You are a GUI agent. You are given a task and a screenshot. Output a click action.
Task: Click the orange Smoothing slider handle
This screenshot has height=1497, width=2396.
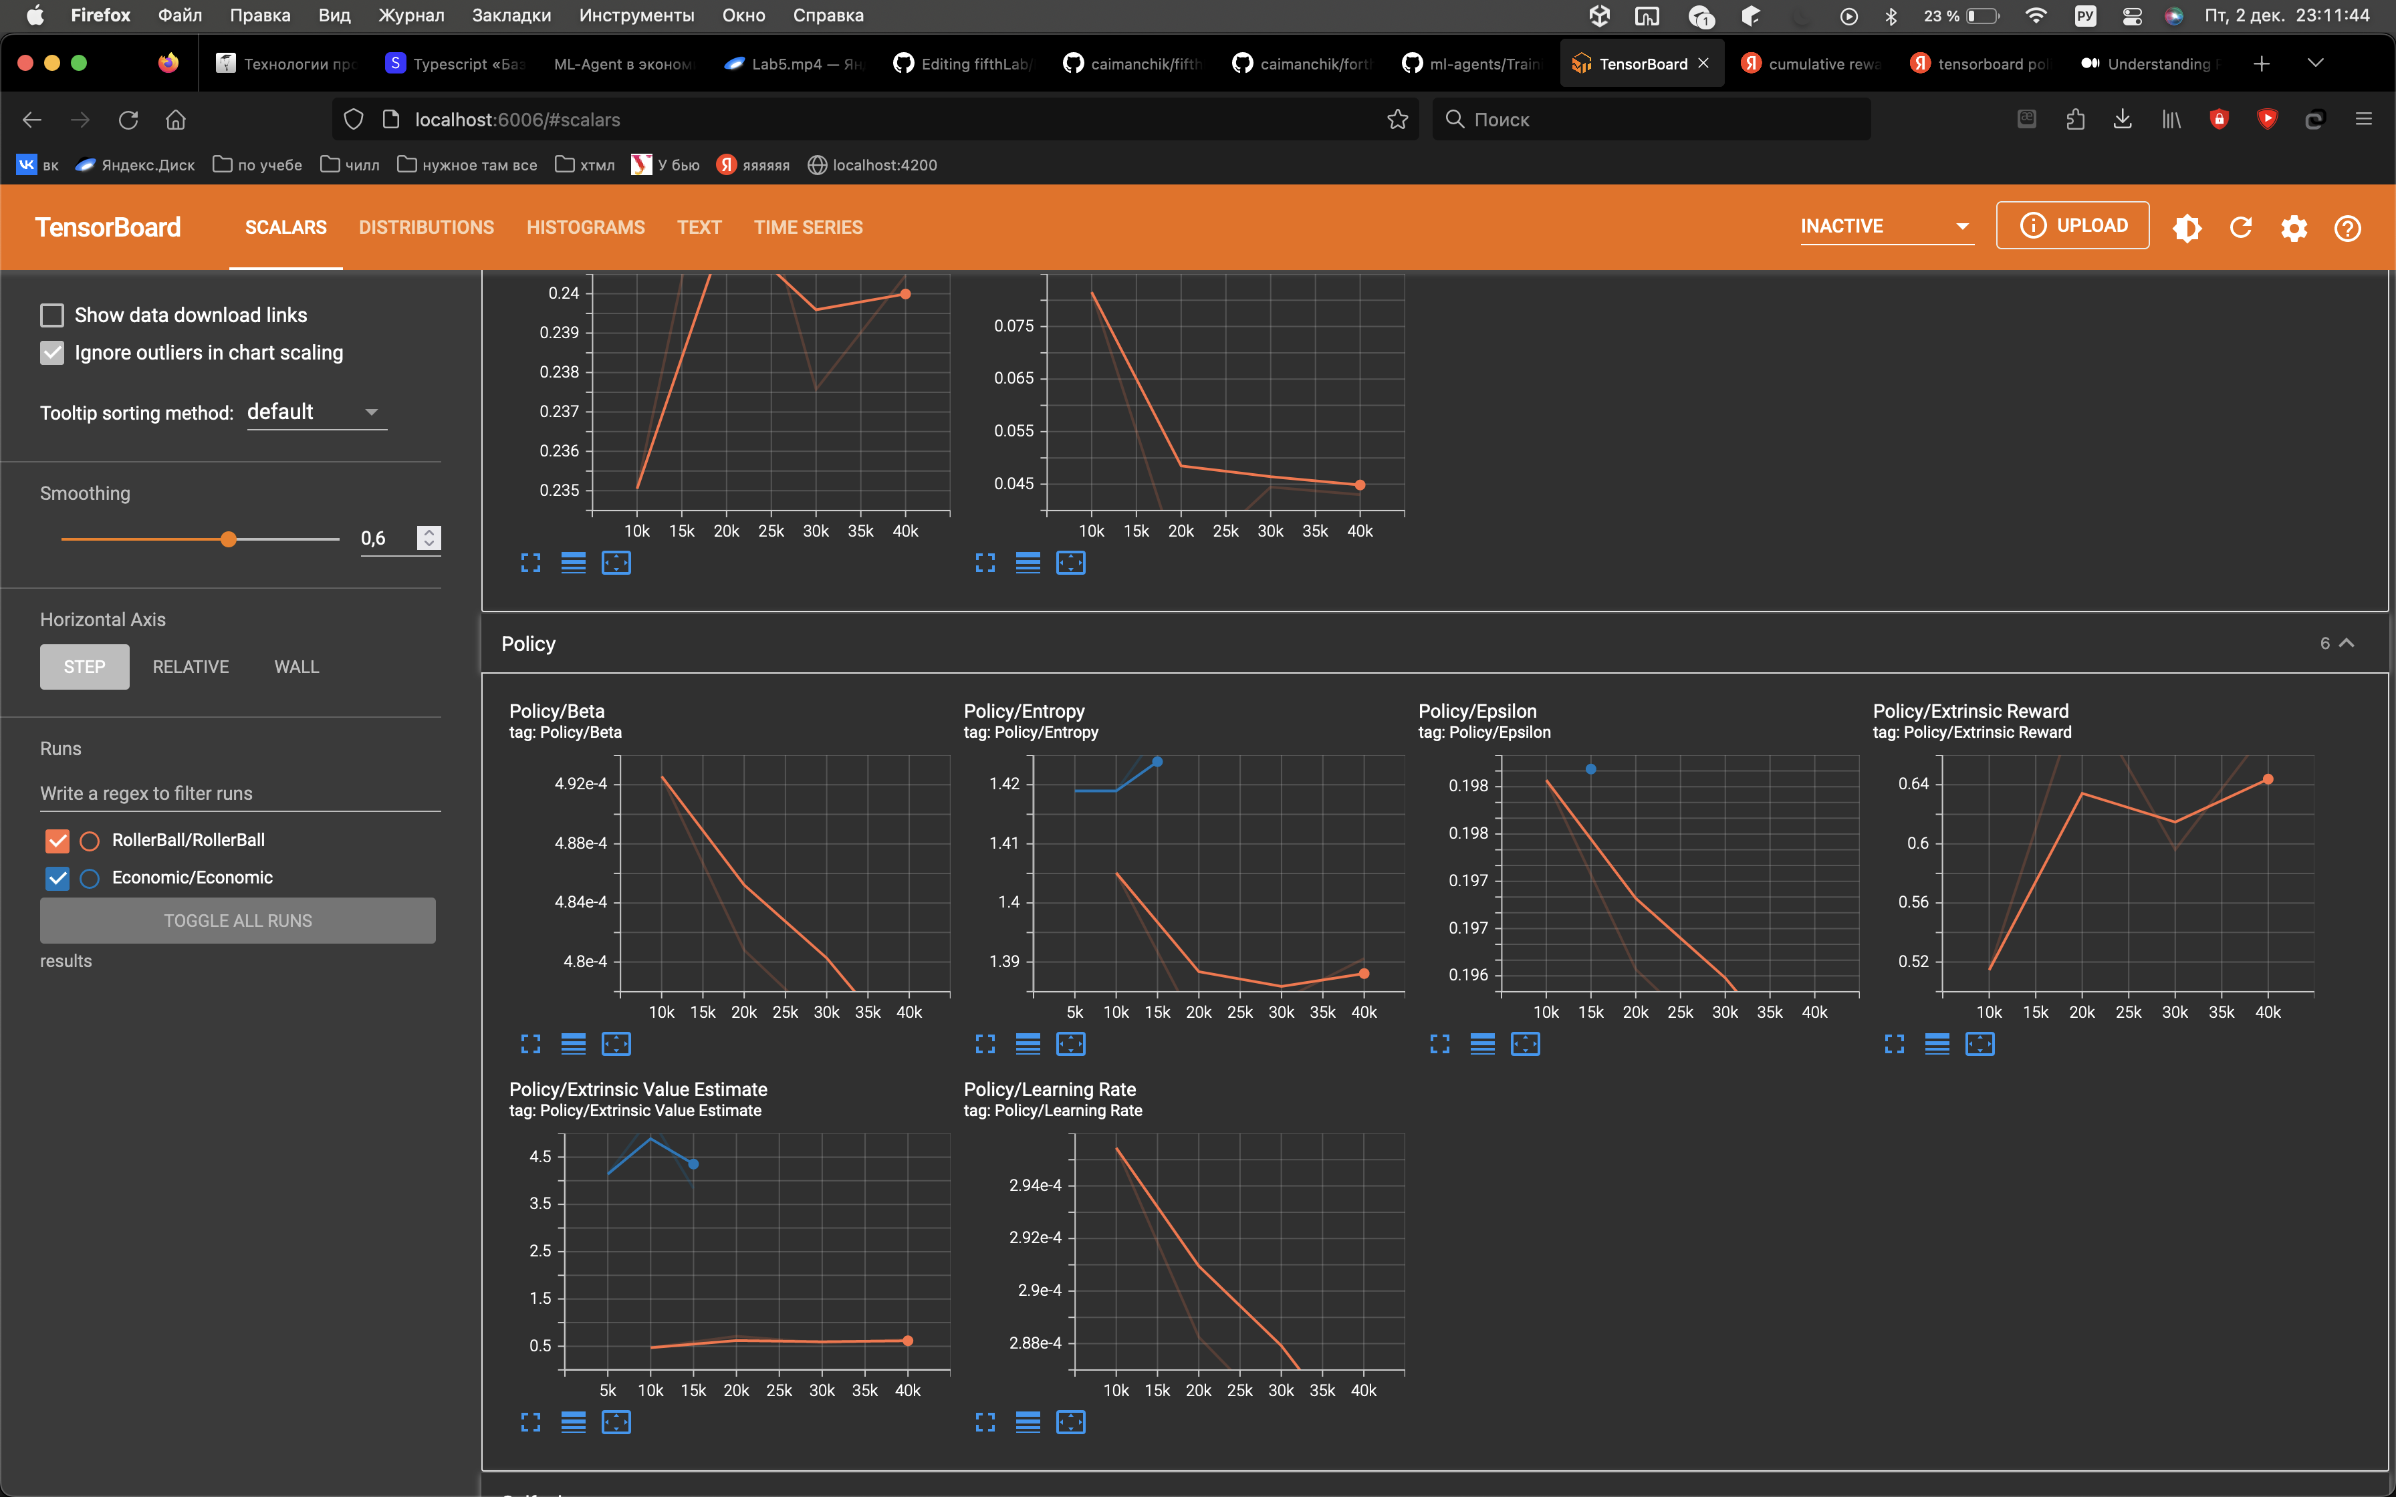click(x=229, y=539)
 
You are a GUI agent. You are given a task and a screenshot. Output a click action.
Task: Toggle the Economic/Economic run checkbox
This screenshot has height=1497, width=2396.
click(x=57, y=878)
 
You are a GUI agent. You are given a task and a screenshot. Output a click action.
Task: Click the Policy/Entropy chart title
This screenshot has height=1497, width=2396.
click(x=1024, y=711)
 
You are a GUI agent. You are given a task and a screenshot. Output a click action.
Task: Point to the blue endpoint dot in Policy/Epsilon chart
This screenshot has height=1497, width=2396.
click(x=1590, y=769)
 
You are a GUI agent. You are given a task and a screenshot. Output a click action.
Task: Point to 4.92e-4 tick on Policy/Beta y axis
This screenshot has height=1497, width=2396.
click(x=580, y=784)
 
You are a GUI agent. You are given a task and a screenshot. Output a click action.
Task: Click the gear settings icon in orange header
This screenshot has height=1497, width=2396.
click(x=2294, y=229)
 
